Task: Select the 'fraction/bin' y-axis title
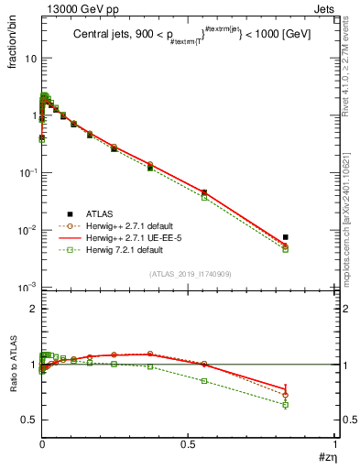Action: click(x=16, y=51)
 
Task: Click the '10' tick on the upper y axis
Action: click(x=28, y=57)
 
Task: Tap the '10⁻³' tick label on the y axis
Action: click(x=25, y=288)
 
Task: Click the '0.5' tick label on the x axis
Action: click(x=189, y=445)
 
